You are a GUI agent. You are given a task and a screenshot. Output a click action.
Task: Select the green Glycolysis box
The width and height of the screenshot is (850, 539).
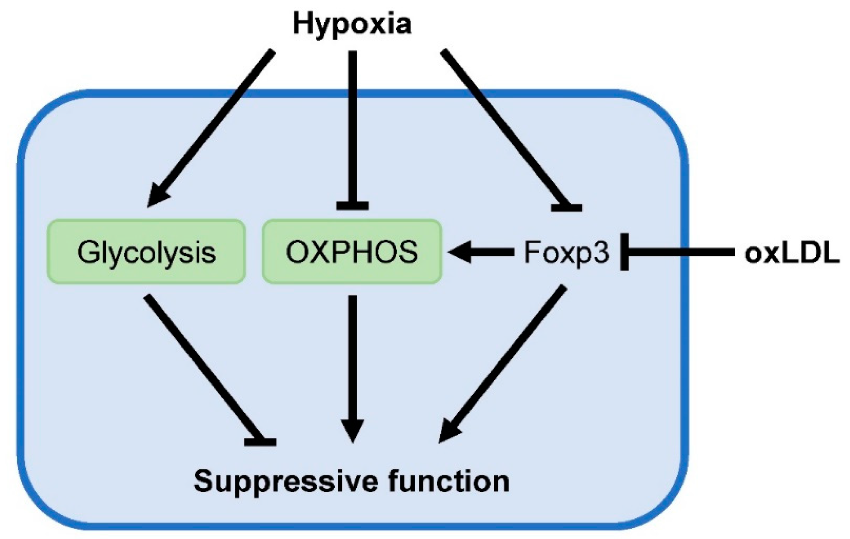coord(146,252)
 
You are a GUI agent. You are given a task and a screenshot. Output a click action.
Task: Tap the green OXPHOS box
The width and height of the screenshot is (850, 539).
coord(352,252)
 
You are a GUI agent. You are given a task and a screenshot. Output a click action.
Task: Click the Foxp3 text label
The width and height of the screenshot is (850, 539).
coord(566,253)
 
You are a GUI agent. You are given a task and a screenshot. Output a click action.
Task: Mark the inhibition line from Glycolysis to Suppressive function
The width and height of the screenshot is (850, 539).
coord(202,369)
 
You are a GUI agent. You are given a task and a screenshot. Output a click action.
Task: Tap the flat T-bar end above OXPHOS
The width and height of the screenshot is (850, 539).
coord(352,206)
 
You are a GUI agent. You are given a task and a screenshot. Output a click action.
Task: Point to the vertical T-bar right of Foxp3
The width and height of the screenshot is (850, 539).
coord(624,252)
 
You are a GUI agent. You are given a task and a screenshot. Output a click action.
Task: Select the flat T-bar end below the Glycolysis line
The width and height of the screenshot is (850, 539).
coord(260,442)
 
